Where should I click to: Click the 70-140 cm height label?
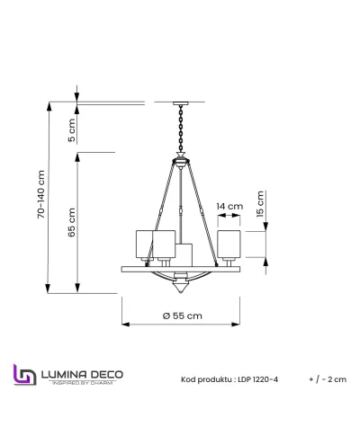40,195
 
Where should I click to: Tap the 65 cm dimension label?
73,220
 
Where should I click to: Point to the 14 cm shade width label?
230,206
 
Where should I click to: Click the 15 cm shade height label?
261,202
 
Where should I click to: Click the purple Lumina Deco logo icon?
24,376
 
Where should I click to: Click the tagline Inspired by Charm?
82,383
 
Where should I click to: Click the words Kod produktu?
205,380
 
